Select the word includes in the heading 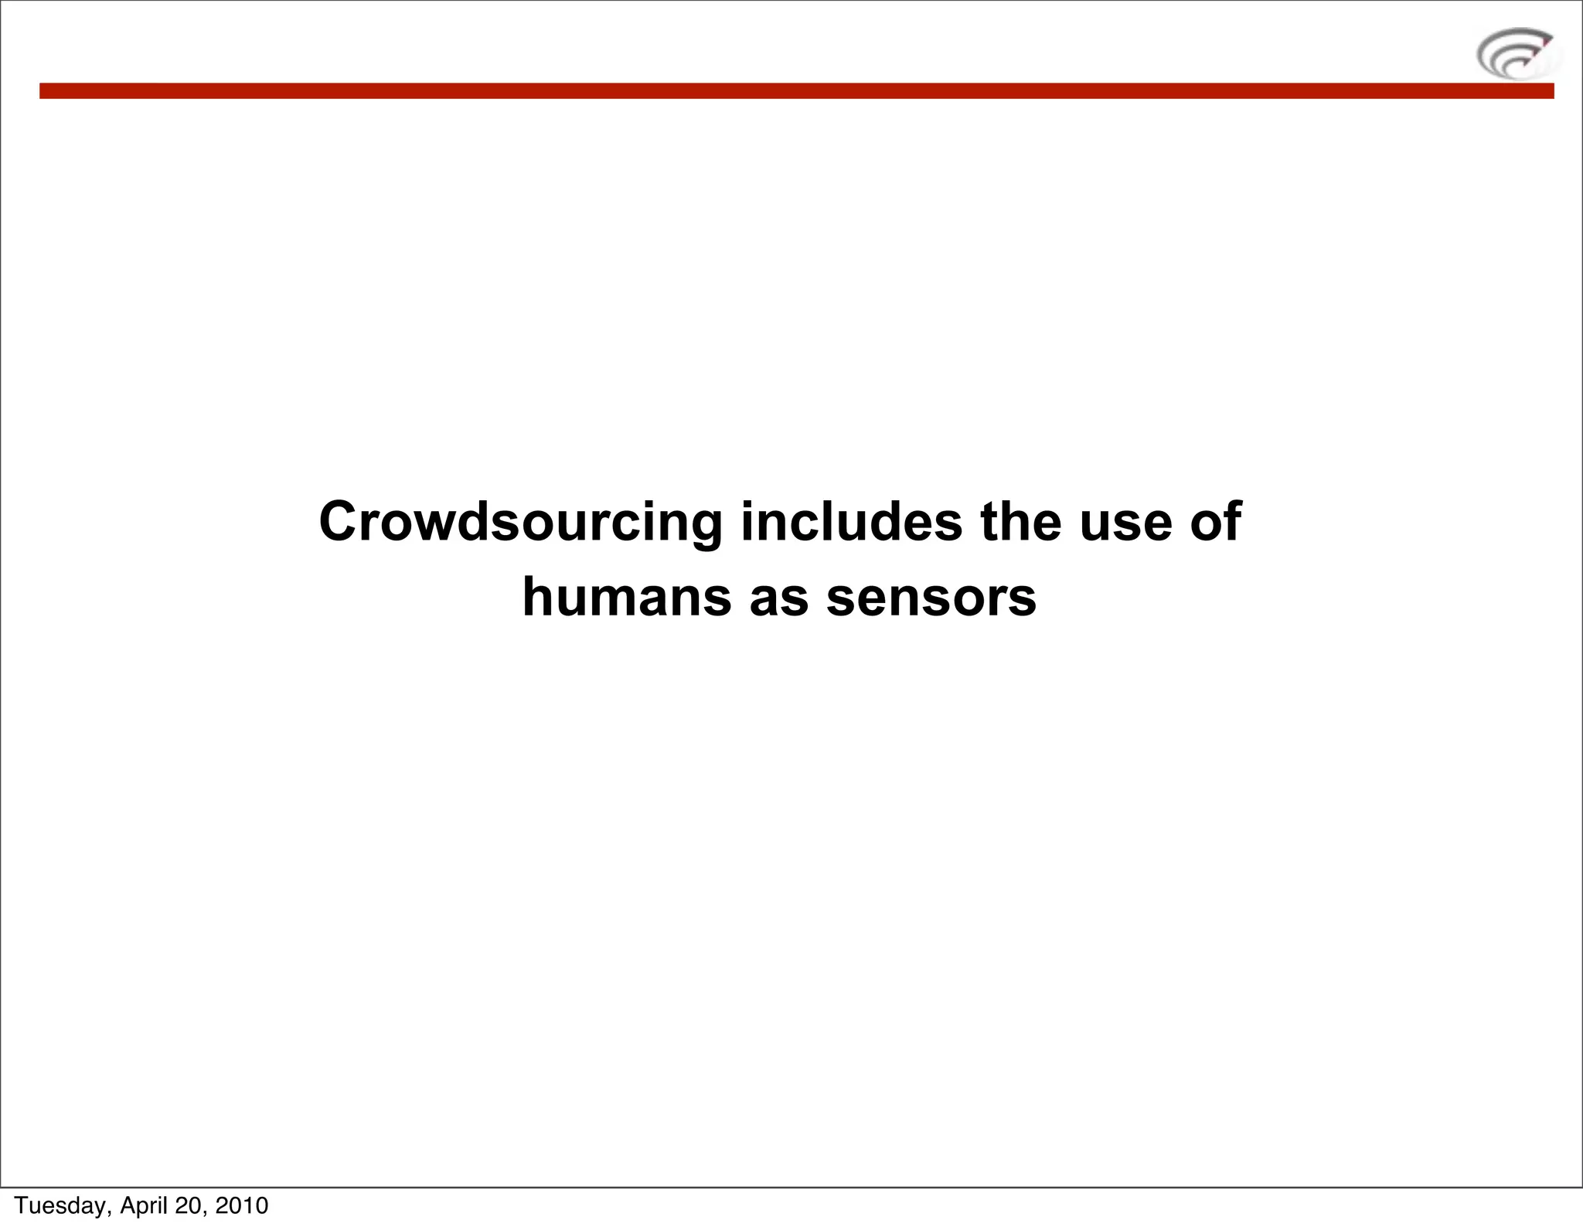coord(851,521)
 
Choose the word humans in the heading coord(626,597)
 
